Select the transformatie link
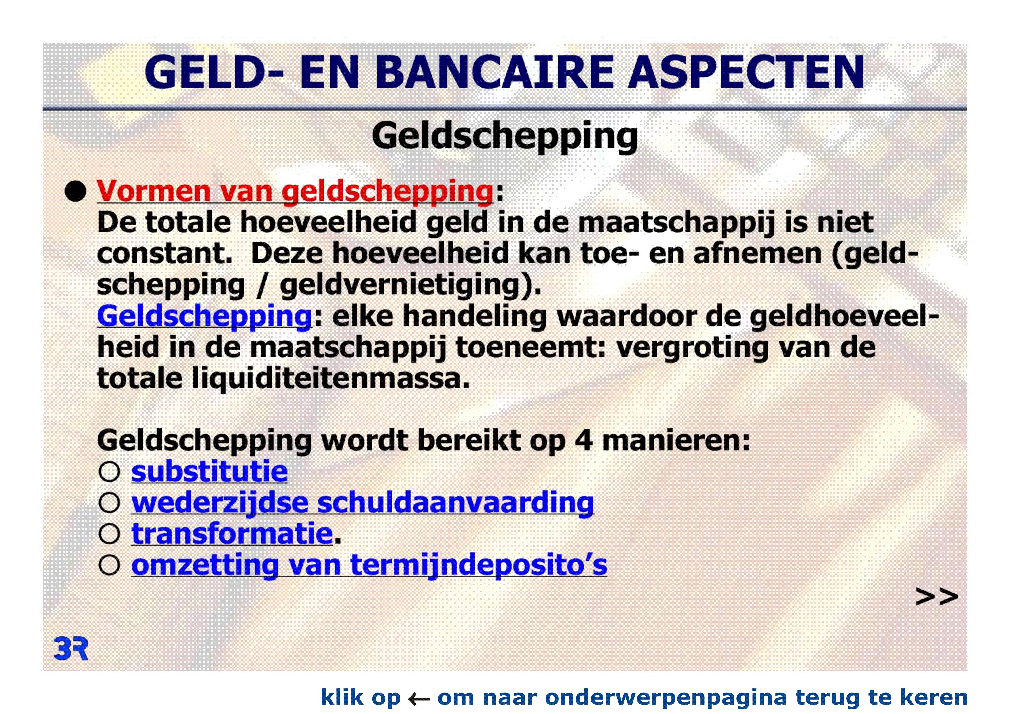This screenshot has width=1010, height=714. (232, 534)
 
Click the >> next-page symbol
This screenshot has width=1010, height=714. (937, 597)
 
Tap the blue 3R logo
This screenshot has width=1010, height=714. (71, 649)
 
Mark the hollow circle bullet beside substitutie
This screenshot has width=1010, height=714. (109, 472)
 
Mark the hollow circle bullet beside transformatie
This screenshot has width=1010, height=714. (109, 534)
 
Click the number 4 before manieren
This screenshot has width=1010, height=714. (583, 441)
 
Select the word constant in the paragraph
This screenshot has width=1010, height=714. (164, 254)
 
